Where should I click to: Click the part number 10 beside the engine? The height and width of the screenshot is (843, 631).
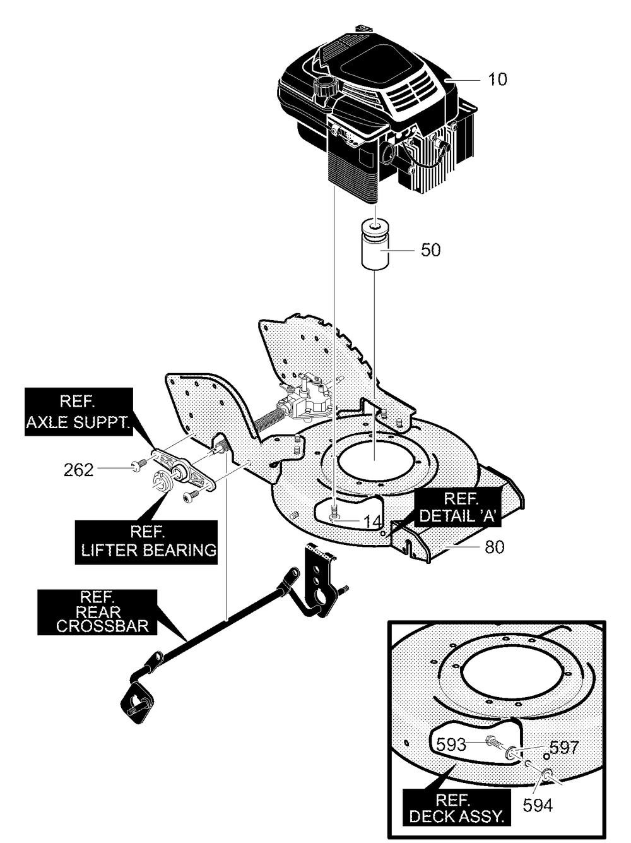point(497,79)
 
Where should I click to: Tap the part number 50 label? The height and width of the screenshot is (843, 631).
point(431,250)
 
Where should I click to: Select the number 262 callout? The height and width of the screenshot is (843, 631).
point(79,470)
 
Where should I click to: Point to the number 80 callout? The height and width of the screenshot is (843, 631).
point(495,547)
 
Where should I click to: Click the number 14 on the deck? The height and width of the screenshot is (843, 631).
point(372,522)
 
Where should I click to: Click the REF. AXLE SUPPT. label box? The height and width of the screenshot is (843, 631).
point(79,412)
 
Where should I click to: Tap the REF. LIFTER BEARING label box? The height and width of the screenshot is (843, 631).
point(146,542)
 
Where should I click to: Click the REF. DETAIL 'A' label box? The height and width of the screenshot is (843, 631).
point(460,507)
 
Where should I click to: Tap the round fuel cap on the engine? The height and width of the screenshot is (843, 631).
point(324,86)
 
